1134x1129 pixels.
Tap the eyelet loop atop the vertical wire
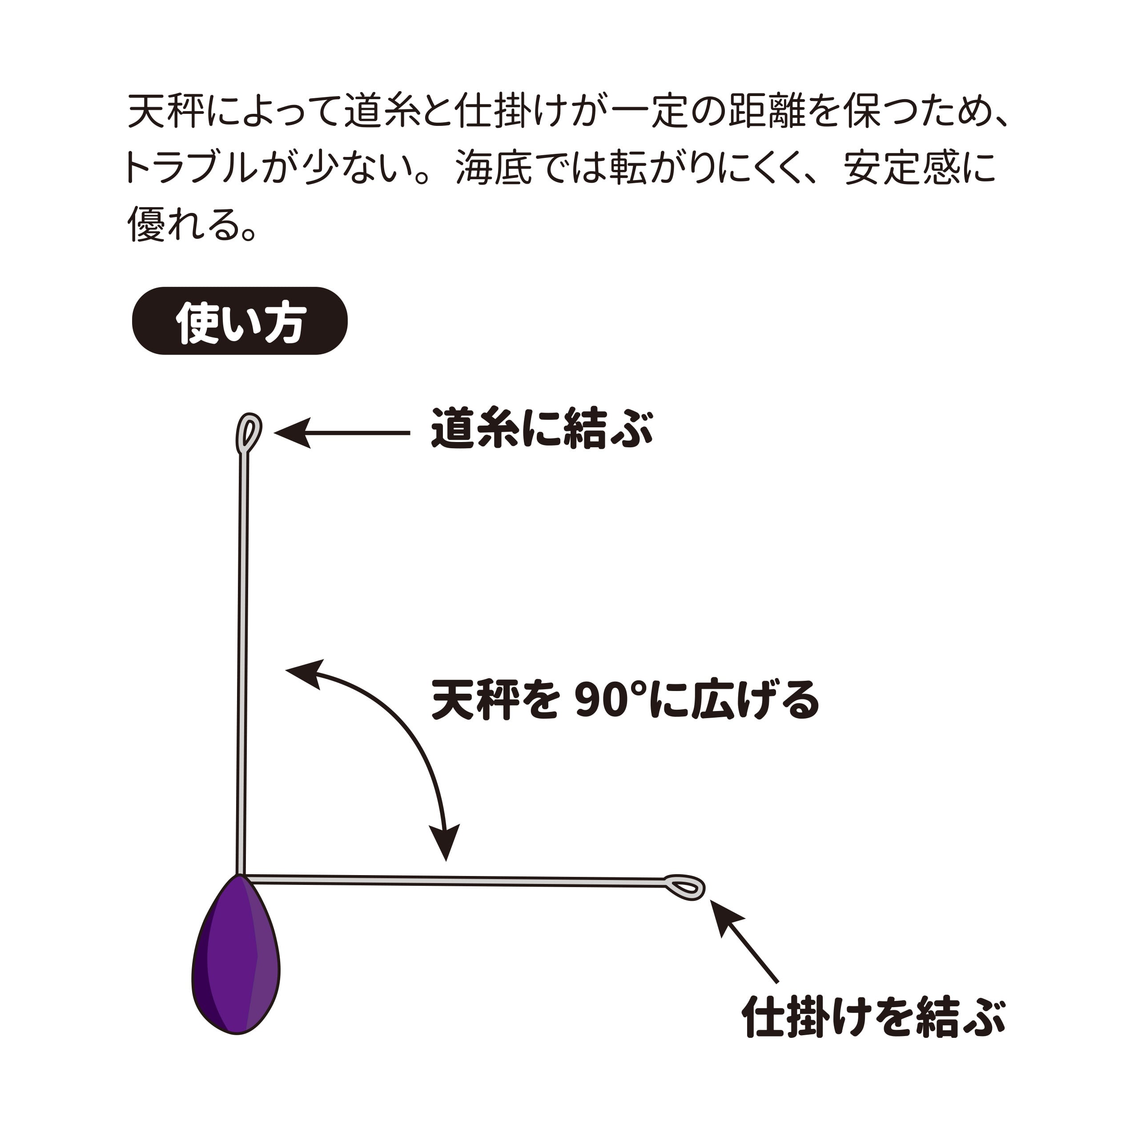pyautogui.click(x=248, y=433)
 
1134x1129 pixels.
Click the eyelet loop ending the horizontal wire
pyautogui.click(x=684, y=887)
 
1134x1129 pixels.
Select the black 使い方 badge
pyautogui.click(x=240, y=321)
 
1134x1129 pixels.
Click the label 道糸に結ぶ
pyautogui.click(x=541, y=429)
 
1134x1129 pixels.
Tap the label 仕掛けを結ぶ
pyautogui.click(x=873, y=1017)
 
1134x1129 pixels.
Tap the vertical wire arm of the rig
pyautogui.click(x=243, y=663)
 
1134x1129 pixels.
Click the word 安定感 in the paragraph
pyautogui.click(x=901, y=168)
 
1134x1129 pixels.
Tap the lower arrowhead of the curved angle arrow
pyautogui.click(x=445, y=843)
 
